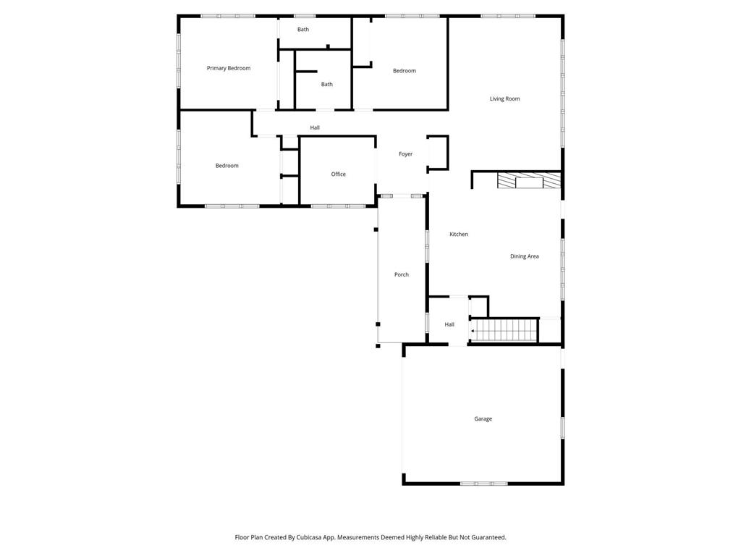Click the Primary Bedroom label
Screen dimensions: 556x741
(x=229, y=68)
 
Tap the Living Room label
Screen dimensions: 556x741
(x=504, y=98)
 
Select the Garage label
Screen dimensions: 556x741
(x=483, y=418)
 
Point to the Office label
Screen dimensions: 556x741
(x=338, y=174)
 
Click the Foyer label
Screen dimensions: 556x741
(x=405, y=154)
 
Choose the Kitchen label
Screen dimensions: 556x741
(x=459, y=234)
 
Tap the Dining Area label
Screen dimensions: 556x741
(x=524, y=256)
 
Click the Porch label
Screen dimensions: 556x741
(x=402, y=274)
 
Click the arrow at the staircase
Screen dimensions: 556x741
(x=473, y=331)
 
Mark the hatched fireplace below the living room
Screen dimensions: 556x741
(x=529, y=180)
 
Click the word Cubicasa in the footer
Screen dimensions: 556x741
(x=307, y=537)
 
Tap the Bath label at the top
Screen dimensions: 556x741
(x=302, y=30)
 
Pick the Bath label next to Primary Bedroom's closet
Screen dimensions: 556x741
(x=327, y=84)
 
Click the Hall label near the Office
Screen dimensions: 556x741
(x=315, y=127)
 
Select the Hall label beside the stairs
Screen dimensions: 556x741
(x=449, y=324)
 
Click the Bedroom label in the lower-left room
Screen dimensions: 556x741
(x=226, y=166)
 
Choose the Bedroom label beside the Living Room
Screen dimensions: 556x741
(x=405, y=70)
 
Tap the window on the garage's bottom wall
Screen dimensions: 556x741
(x=483, y=483)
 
